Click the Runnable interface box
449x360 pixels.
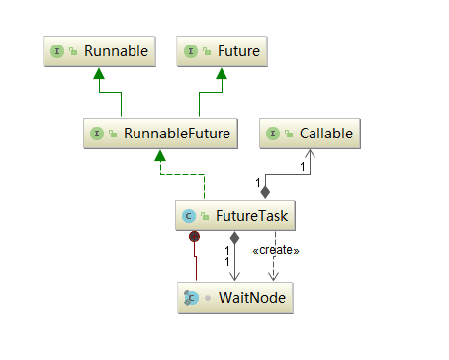98,49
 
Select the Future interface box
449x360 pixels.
224,49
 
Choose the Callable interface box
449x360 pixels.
310,132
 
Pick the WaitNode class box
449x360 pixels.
235,296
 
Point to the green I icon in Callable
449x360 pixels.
276,132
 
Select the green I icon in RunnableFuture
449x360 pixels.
98,132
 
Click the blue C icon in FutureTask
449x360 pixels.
188,214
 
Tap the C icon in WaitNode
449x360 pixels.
190,296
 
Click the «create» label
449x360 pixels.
276,250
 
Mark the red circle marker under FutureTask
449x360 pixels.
196,236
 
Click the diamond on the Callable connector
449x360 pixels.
264,191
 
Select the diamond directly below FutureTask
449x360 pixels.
234,238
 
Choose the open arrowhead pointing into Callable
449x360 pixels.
310,154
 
